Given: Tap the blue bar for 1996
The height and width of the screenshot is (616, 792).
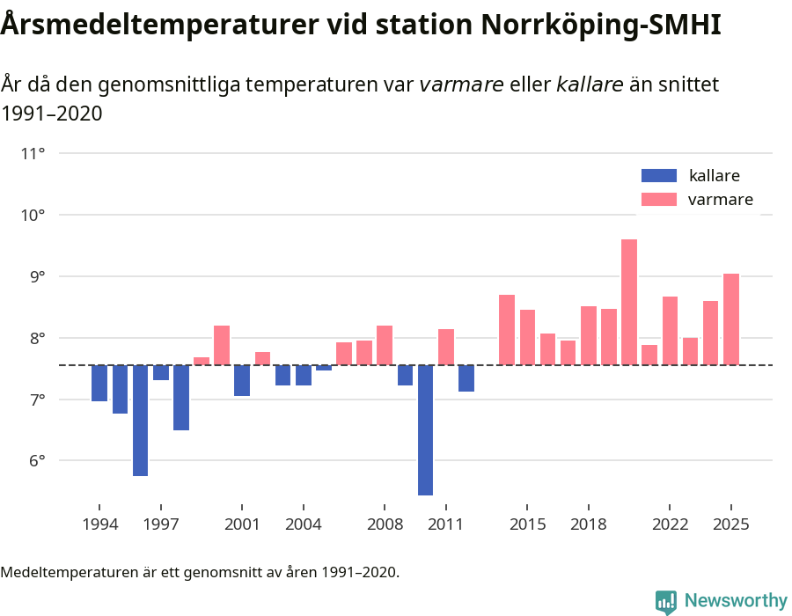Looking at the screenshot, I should pyautogui.click(x=140, y=420).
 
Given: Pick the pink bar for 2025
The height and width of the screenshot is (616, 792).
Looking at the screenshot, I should pyautogui.click(x=731, y=319).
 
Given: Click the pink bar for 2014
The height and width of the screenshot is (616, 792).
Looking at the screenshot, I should pyautogui.click(x=507, y=330).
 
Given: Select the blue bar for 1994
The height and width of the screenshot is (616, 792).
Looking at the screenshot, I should pyautogui.click(x=99, y=383).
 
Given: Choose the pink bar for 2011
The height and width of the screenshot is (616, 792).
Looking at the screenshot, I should pyautogui.click(x=446, y=347).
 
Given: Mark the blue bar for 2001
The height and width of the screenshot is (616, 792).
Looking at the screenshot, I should pyautogui.click(x=242, y=380).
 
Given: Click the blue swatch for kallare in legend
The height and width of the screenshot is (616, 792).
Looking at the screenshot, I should pyautogui.click(x=659, y=175).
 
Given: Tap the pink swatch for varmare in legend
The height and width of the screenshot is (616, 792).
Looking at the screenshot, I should pyautogui.click(x=659, y=200).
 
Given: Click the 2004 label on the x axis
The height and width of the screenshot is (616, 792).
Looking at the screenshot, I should pyautogui.click(x=303, y=524).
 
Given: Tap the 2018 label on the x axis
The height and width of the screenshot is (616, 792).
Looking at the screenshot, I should pyautogui.click(x=588, y=524).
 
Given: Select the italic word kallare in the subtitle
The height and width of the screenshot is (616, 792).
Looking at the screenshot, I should pyautogui.click(x=590, y=84).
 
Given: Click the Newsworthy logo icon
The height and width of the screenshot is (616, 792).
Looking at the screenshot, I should pyautogui.click(x=666, y=601).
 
